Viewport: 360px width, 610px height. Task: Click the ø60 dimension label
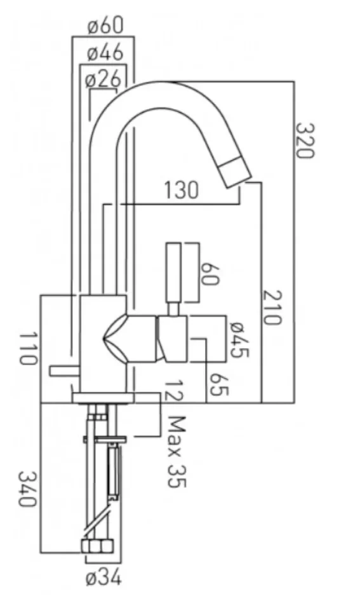(x=105, y=27)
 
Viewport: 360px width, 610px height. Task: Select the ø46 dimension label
(x=105, y=53)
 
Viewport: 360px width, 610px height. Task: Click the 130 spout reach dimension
(x=181, y=190)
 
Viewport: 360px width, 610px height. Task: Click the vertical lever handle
(x=173, y=274)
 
